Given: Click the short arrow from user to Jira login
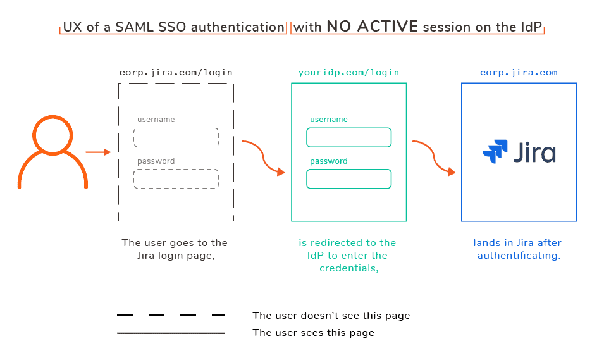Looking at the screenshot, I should pyautogui.click(x=98, y=152).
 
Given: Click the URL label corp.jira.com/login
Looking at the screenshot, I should pyautogui.click(x=176, y=73).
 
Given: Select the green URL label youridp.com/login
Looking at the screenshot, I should pyautogui.click(x=348, y=73).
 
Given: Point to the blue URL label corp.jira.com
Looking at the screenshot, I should pyautogui.click(x=519, y=73).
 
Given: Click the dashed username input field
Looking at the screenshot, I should pyautogui.click(x=176, y=137).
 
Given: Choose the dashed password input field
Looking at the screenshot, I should pyautogui.click(x=176, y=178).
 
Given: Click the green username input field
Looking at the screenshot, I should pyautogui.click(x=348, y=137).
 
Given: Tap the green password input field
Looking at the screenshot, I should pyautogui.click(x=348, y=178).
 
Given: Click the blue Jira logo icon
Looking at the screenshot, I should pyautogui.click(x=495, y=152).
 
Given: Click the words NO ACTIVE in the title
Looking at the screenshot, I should pyautogui.click(x=372, y=27).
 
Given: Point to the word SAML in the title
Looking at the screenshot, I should pyautogui.click(x=133, y=27).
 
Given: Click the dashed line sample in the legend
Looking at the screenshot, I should pyautogui.click(x=171, y=315).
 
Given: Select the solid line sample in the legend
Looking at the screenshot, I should pyautogui.click(x=171, y=333).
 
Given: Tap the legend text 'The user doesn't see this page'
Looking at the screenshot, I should pyautogui.click(x=331, y=316).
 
